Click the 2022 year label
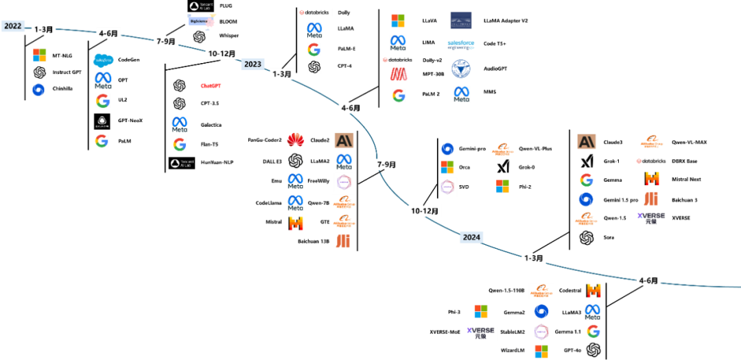pos(13,26)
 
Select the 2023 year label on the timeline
pos(252,64)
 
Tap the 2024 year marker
pos(471,237)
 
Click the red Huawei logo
pos(296,139)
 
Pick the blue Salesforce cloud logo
pos(104,60)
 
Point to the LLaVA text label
pos(430,21)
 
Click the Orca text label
pos(464,167)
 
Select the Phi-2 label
pos(526,187)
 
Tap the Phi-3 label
pos(454,311)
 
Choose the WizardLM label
pos(513,350)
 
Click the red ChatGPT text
pos(211,86)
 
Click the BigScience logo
pos(200,21)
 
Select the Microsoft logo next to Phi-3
pos(481,311)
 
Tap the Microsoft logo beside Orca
pos(447,167)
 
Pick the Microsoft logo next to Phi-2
pos(502,186)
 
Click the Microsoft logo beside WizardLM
pos(541,351)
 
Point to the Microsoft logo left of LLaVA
pos(398,21)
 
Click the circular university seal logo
pos(460,69)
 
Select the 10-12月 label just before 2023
pos(222,53)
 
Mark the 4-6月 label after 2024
pos(648,280)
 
